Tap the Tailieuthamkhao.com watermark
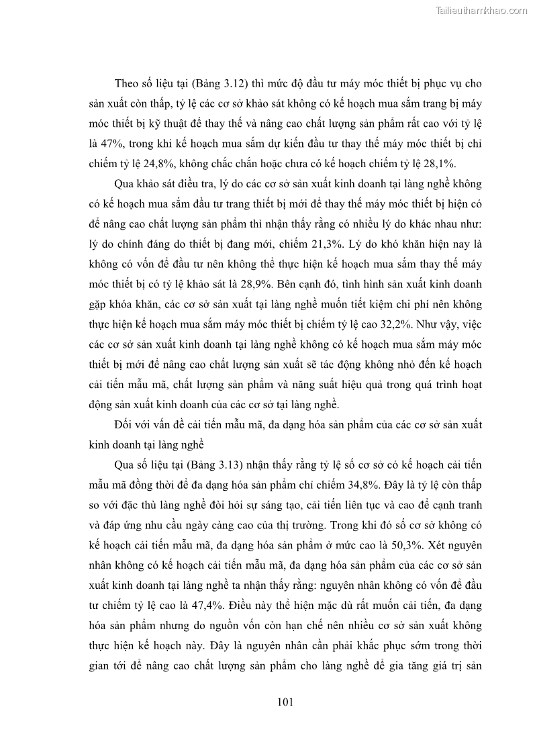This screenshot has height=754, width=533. coord(482,10)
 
